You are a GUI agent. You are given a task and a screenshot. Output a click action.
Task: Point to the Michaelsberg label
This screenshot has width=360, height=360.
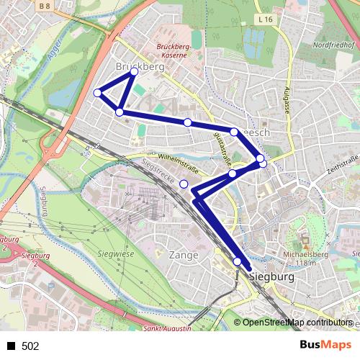pyautogui.click(x=306, y=254)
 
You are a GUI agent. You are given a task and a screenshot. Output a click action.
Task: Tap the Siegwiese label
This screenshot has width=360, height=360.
pyautogui.click(x=115, y=255)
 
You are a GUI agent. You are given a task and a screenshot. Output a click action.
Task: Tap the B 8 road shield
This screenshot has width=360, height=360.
pyautogui.click(x=45, y=6)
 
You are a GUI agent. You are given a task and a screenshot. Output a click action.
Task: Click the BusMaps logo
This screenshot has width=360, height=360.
pyautogui.click(x=326, y=345)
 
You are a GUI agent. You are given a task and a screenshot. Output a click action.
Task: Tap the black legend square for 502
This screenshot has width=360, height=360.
pyautogui.click(x=11, y=346)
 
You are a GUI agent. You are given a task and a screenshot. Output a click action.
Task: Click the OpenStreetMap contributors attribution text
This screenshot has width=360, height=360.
pyautogui.click(x=297, y=323)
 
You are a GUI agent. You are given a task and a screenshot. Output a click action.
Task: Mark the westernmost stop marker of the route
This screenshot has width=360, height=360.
pyautogui.click(x=97, y=92)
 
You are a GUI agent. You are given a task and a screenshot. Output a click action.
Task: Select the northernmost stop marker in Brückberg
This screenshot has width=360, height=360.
pyautogui.click(x=134, y=73)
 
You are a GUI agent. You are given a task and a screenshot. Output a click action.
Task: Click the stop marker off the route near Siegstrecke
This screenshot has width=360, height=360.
pyautogui.click(x=184, y=184)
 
